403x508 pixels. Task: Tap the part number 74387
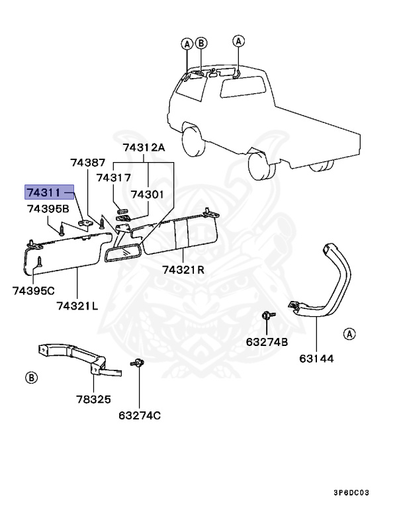(88, 162)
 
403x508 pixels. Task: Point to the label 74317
(113, 177)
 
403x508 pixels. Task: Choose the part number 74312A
(144, 148)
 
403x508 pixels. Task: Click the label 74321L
(77, 305)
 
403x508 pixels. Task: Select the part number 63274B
(267, 342)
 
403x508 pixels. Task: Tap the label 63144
(317, 359)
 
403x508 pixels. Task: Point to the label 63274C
(140, 415)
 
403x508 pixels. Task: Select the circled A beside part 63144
(349, 334)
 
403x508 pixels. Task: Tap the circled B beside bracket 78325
(30, 378)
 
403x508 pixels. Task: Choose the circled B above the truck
(202, 44)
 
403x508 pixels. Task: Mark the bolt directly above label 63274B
(266, 317)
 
